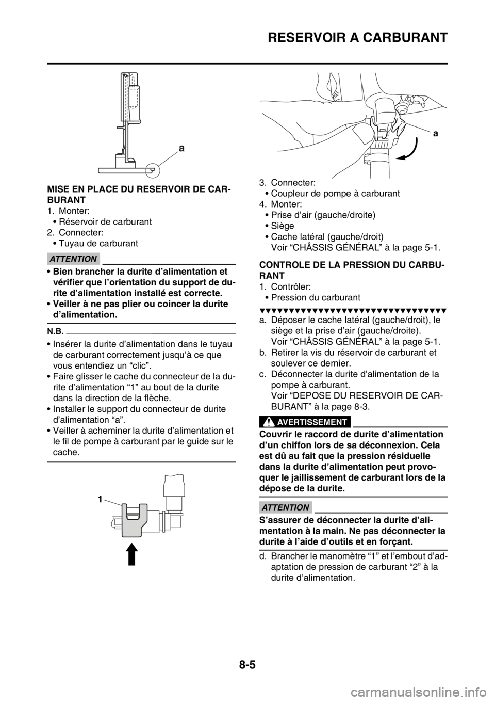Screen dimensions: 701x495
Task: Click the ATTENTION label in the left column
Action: coord(74,259)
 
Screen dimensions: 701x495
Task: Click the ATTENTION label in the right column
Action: coord(285,507)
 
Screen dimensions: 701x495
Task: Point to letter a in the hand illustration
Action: coord(436,133)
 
